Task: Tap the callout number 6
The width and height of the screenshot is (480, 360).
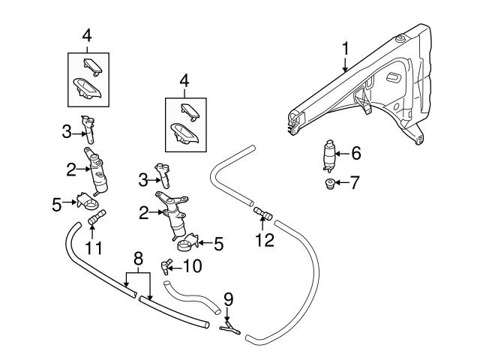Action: [x=356, y=153]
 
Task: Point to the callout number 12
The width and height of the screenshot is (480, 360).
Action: [x=265, y=240]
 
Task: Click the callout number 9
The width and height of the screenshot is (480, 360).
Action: [x=229, y=298]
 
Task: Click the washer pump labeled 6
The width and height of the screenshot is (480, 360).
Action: [x=329, y=154]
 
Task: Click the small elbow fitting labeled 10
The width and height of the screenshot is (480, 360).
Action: [x=166, y=265]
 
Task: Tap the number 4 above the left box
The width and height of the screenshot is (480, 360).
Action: [x=88, y=34]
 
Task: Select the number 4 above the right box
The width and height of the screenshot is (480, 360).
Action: [x=184, y=79]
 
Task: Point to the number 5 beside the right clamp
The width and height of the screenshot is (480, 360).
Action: [x=218, y=242]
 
